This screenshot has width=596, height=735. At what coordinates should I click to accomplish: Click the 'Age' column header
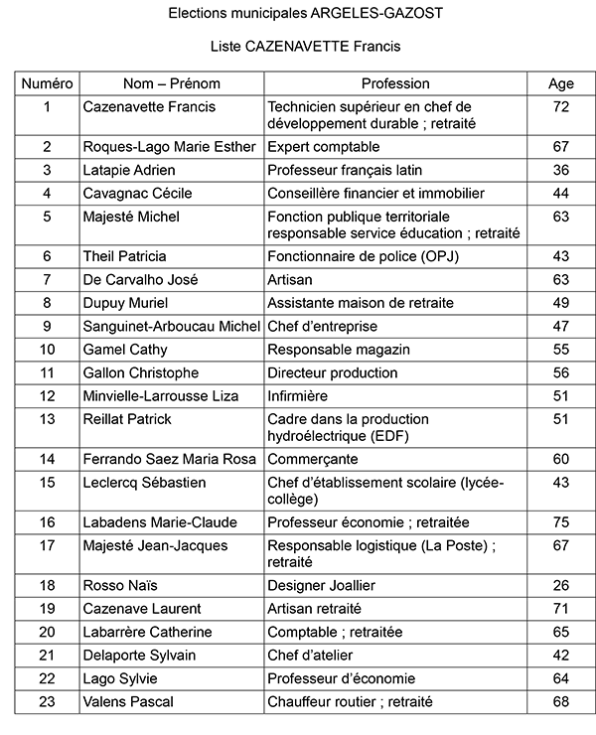point(561,83)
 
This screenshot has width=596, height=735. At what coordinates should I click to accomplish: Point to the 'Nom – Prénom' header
point(172,83)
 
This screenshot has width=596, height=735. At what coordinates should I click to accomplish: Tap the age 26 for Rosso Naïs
point(561,585)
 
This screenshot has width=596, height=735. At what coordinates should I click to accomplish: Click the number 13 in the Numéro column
point(47,419)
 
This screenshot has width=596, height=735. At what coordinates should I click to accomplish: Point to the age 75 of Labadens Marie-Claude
point(561,521)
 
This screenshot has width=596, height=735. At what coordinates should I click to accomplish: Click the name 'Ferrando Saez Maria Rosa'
point(169,459)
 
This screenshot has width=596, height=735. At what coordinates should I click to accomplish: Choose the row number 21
point(47,655)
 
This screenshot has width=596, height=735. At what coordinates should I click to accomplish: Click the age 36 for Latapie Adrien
point(561,170)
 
